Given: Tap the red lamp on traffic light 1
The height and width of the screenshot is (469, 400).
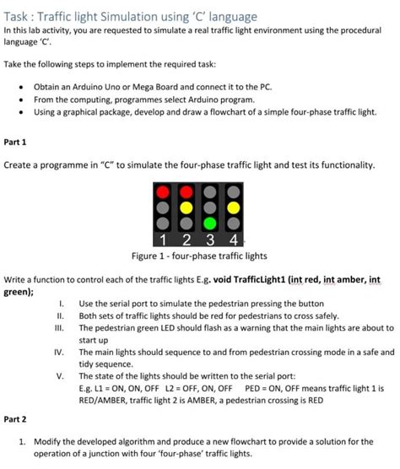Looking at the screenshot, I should [x=162, y=191].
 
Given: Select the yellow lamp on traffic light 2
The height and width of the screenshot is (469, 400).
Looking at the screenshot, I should [x=185, y=208].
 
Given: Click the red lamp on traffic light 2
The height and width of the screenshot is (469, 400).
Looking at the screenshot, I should [x=185, y=191].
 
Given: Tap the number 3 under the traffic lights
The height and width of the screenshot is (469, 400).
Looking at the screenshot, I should [x=208, y=240].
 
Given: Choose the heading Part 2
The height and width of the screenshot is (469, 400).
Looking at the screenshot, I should [x=15, y=418].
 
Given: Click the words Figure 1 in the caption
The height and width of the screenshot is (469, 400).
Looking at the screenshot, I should [x=149, y=256].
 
